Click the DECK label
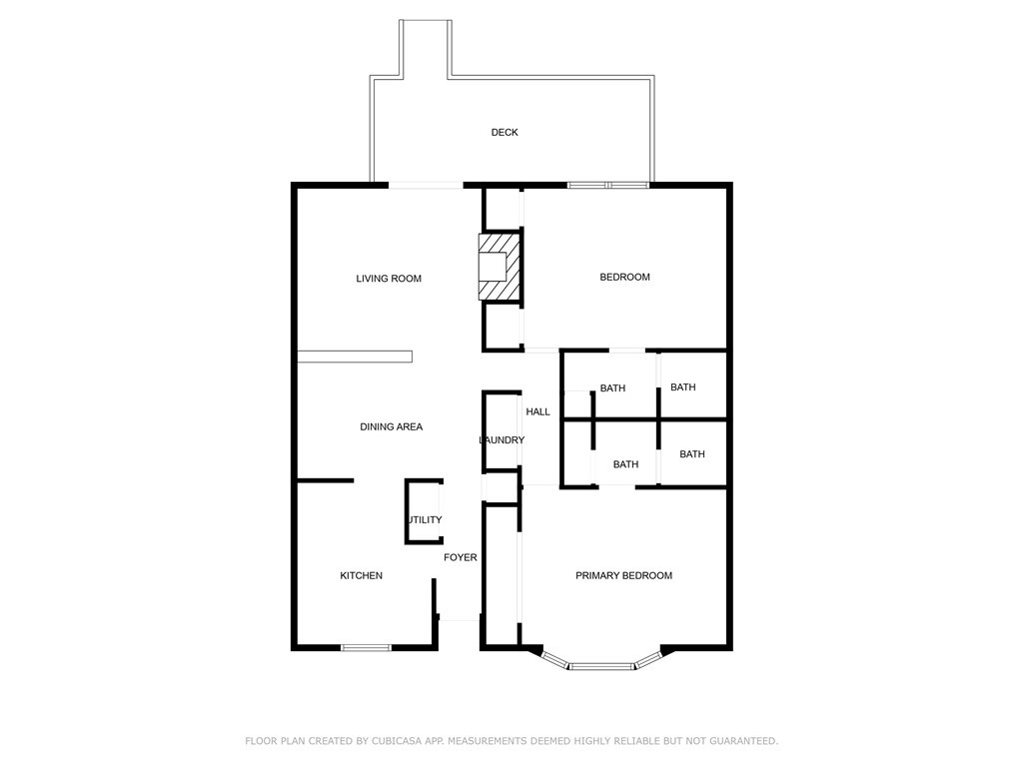click(505, 133)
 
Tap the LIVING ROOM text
click(389, 279)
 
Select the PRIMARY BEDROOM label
click(623, 575)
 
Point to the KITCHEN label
click(361, 575)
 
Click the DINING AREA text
click(391, 426)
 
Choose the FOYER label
click(461, 557)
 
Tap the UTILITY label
click(424, 520)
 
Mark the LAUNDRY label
click(502, 440)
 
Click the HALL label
click(538, 411)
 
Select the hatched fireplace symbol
click(500, 267)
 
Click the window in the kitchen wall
click(366, 648)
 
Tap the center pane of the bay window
click(601, 665)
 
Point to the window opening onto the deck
click(608, 185)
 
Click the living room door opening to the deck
click(426, 185)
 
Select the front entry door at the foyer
click(460, 620)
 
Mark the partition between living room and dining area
click(355, 357)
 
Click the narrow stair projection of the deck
click(426, 50)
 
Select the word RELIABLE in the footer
click(619, 741)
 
